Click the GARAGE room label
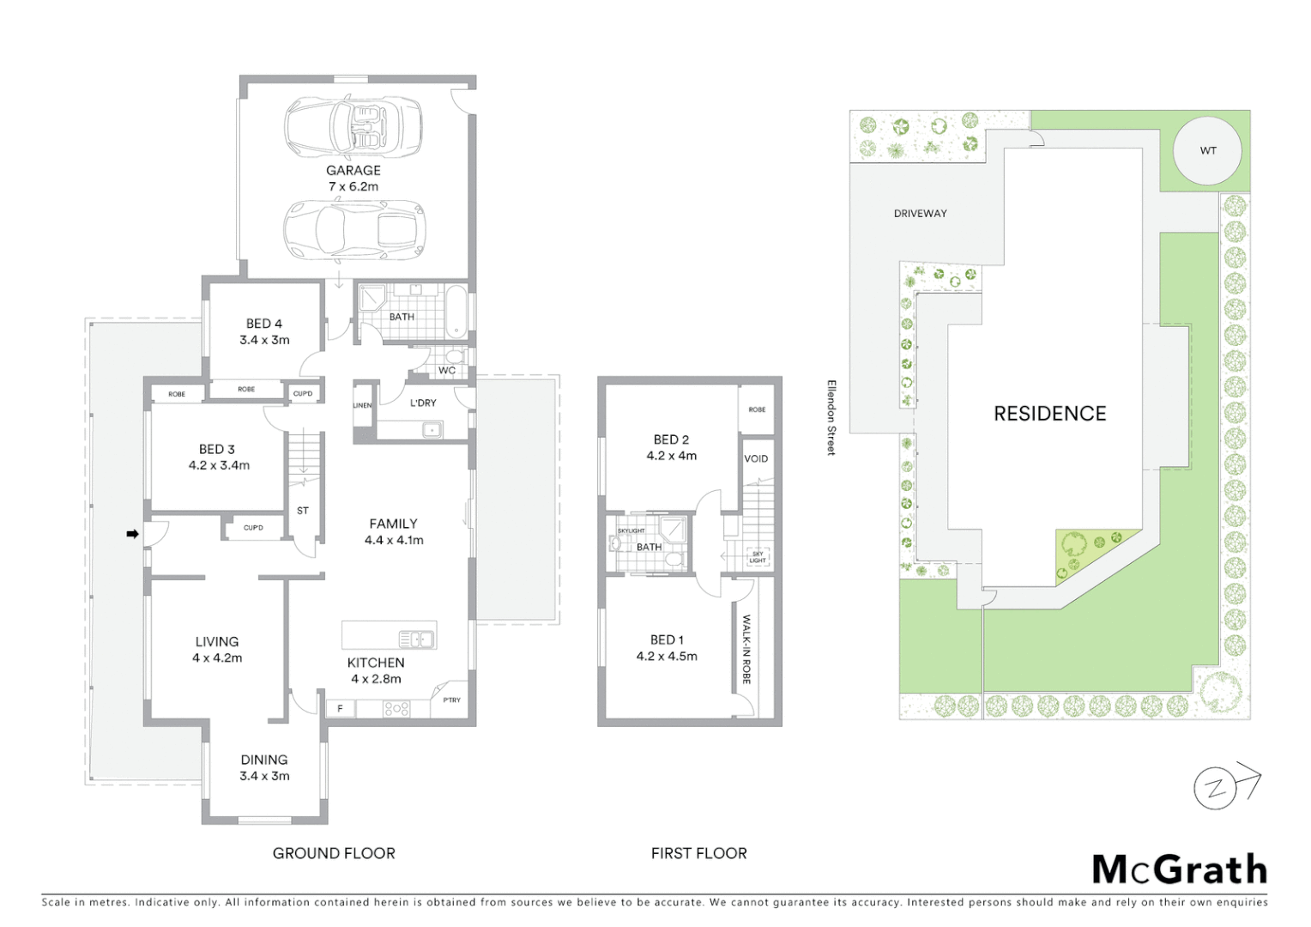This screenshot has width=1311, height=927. (353, 171)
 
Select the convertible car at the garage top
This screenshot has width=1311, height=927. (353, 127)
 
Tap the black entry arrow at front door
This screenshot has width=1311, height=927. (132, 534)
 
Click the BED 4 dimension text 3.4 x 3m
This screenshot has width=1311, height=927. (264, 340)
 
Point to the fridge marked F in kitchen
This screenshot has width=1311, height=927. (341, 708)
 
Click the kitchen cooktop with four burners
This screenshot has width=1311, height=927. (396, 709)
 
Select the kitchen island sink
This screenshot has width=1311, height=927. (416, 639)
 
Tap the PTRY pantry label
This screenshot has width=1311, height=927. (451, 700)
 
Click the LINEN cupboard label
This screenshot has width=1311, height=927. (362, 405)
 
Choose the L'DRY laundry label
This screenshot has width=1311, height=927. (423, 403)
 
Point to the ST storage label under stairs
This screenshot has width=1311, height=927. (303, 511)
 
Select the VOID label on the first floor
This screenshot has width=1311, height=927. (756, 458)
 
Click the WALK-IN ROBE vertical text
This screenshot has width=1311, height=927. (746, 649)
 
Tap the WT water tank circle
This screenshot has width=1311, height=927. (1208, 150)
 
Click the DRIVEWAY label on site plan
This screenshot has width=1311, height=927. (920, 214)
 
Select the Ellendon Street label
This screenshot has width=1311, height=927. (831, 418)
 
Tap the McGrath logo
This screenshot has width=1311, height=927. (1179, 869)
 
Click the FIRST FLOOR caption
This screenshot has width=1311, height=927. (698, 853)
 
